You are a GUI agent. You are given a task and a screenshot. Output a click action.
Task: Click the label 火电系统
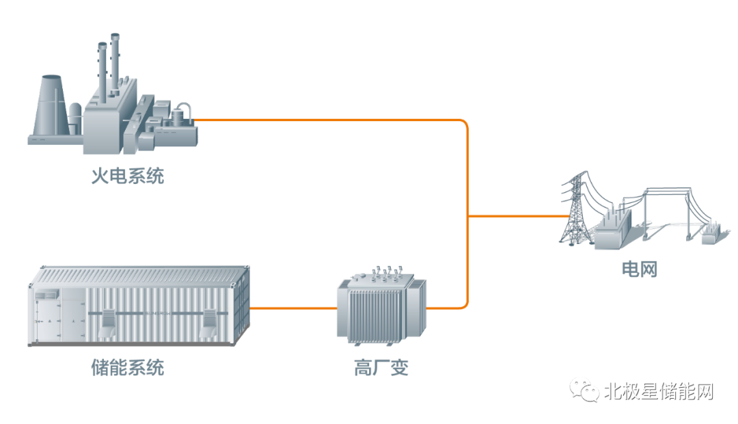pyautogui.click(x=128, y=176)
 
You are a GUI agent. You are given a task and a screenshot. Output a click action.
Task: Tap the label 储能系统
pyautogui.click(x=128, y=368)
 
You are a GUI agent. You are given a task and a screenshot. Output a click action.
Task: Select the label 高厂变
pyautogui.click(x=381, y=368)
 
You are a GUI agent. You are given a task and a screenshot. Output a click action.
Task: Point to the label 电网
pyautogui.click(x=639, y=269)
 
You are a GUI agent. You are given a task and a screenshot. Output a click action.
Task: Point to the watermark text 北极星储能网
pyautogui.click(x=659, y=392)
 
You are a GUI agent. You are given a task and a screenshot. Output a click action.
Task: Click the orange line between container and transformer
pyautogui.click(x=294, y=308)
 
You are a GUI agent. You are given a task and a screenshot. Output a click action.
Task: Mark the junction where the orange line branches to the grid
pyautogui.click(x=468, y=216)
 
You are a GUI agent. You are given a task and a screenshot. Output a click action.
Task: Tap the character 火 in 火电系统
pyautogui.click(x=100, y=176)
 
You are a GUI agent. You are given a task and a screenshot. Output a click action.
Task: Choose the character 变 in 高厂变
pyautogui.click(x=400, y=368)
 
